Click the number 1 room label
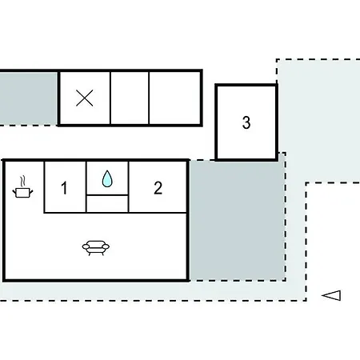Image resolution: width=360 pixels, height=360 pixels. (x=64, y=188)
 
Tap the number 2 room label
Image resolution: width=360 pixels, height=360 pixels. (x=158, y=188)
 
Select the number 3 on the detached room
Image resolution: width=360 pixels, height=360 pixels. (x=246, y=122)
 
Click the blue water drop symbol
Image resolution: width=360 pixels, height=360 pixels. (x=107, y=178)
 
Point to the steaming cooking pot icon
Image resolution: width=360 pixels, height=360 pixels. (x=22, y=187)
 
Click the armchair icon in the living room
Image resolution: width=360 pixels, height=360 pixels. (x=96, y=248)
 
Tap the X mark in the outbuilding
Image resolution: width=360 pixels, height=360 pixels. (x=85, y=98)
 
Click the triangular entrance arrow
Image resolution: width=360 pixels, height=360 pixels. (x=331, y=295)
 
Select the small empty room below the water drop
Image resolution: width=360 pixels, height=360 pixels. (x=107, y=204)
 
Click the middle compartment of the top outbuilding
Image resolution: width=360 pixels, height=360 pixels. (x=130, y=98)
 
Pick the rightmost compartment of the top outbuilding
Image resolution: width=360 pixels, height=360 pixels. (x=174, y=98)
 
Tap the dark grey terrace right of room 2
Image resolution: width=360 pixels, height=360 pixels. (x=237, y=220)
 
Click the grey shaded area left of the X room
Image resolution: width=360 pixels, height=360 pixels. (x=29, y=98)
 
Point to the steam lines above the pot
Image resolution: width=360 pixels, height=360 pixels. (x=23, y=181)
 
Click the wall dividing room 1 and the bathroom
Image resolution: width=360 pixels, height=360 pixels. (x=86, y=187)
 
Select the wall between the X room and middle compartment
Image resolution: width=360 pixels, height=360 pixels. (x=110, y=98)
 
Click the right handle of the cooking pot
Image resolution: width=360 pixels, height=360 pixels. (x=31, y=191)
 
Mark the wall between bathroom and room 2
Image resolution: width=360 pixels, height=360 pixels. (x=128, y=187)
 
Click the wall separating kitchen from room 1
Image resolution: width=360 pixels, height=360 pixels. (x=44, y=187)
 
